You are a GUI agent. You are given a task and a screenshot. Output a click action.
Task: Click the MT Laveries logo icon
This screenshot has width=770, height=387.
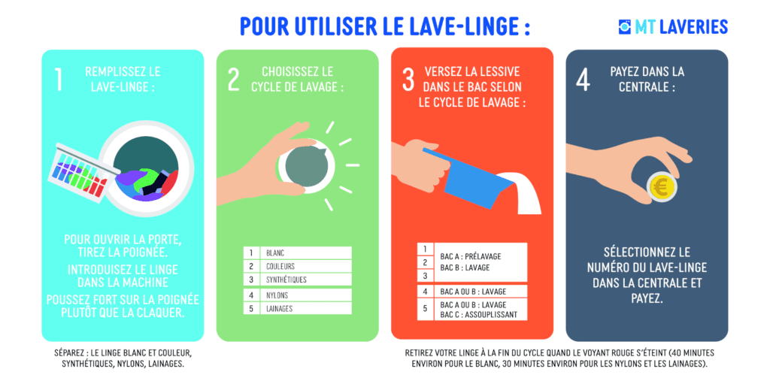624,26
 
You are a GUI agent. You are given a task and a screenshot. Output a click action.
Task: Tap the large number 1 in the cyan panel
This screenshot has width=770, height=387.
59,80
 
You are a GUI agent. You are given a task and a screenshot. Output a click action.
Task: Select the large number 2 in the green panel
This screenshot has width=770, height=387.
234,80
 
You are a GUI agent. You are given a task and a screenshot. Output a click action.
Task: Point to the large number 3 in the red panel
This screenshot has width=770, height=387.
408,80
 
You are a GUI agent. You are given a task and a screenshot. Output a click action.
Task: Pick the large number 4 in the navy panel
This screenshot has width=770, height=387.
583,80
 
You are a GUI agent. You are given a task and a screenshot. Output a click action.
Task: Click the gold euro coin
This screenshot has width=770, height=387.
662,187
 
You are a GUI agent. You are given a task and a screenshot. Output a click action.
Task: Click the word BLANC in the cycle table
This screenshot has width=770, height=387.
275,253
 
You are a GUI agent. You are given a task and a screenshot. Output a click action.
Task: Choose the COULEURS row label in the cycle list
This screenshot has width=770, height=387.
280,266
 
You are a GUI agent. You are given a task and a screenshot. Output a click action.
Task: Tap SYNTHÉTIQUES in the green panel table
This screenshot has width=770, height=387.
286,280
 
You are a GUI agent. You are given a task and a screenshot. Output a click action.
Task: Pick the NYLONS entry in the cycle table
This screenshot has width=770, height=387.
277,295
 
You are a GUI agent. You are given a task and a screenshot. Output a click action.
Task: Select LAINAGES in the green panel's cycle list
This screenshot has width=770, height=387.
280,309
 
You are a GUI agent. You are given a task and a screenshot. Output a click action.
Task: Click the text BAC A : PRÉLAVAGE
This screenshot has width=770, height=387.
471,256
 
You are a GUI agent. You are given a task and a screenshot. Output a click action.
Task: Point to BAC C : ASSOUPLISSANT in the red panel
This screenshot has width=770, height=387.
479,315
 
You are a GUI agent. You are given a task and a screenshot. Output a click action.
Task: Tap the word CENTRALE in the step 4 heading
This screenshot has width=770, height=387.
644,87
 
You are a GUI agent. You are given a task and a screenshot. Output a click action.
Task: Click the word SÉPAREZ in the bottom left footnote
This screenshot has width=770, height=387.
68,353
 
